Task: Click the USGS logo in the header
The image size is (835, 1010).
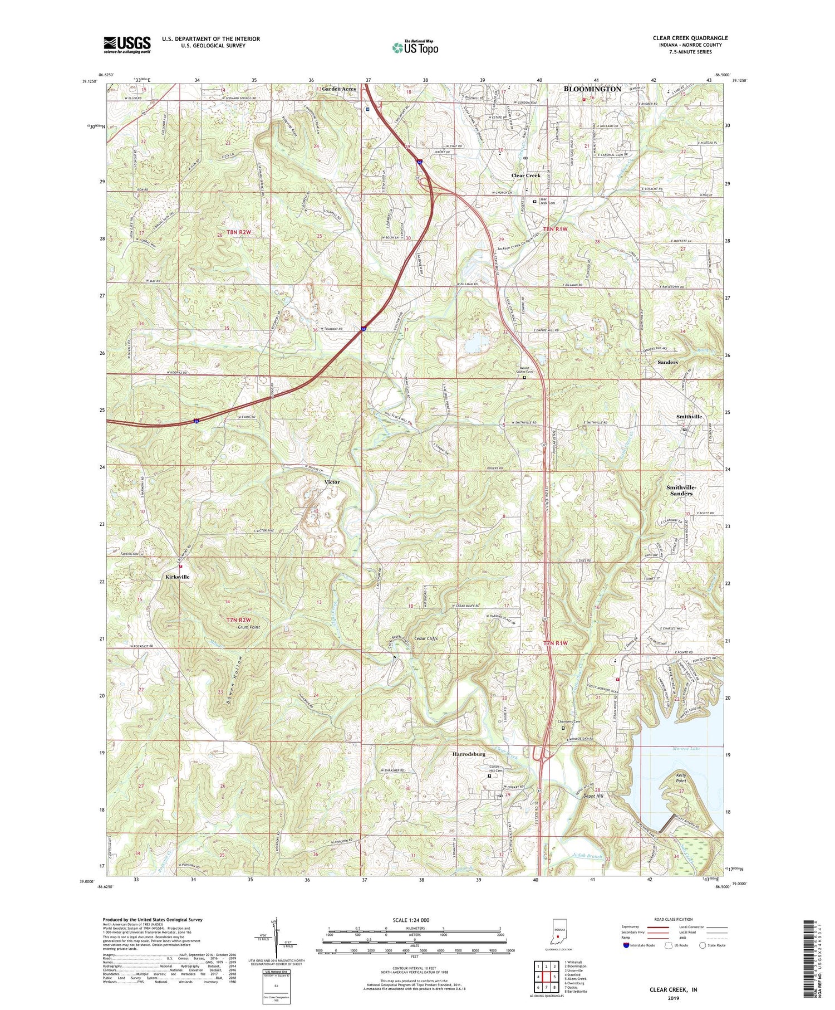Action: pyautogui.click(x=127, y=45)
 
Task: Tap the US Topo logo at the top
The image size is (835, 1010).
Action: pyautogui.click(x=415, y=47)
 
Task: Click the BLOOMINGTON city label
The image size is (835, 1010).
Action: pyautogui.click(x=592, y=89)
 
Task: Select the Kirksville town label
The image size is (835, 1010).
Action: pyautogui.click(x=178, y=577)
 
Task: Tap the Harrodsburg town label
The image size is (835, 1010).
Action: pyautogui.click(x=468, y=754)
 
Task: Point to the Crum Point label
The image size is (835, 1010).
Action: pyautogui.click(x=249, y=627)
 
